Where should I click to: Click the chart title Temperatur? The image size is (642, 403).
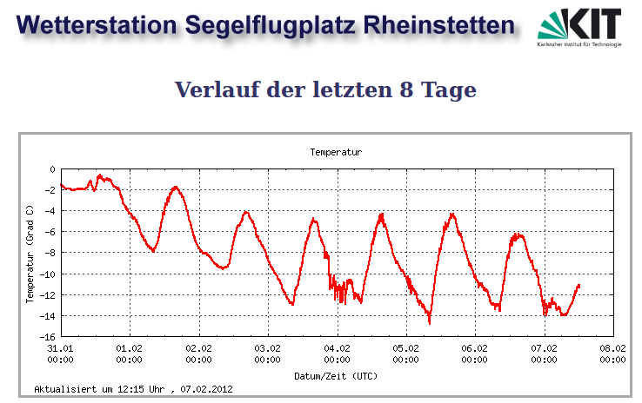[x=335, y=152]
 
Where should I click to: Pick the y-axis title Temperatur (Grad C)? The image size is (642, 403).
[x=30, y=254]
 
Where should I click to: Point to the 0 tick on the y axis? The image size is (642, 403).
[x=52, y=169]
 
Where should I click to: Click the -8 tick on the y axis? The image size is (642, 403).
[x=50, y=253]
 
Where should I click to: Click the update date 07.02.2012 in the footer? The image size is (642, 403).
[x=206, y=389]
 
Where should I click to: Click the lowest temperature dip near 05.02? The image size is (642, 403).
[x=430, y=322]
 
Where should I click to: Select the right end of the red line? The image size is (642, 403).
[x=578, y=285]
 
